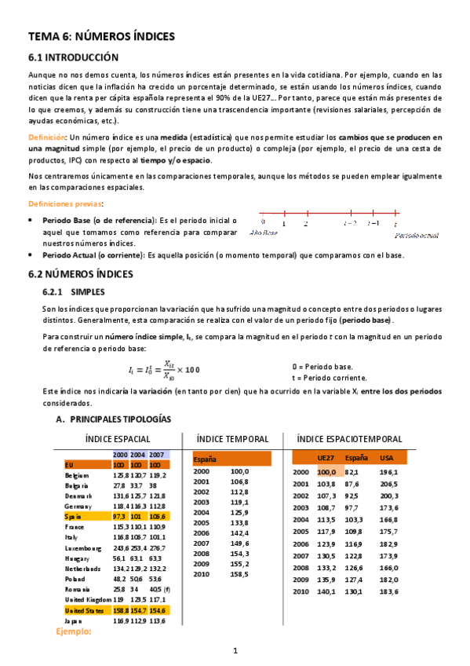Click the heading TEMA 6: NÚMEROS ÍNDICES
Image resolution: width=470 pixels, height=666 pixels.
(101, 36)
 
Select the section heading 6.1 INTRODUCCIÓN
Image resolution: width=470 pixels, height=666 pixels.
(73, 57)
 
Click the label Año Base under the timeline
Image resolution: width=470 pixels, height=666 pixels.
(263, 233)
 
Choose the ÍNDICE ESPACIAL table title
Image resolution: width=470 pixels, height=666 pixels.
(118, 439)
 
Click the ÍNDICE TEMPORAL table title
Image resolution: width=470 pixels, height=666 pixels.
(232, 439)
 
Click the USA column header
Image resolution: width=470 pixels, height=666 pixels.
(387, 456)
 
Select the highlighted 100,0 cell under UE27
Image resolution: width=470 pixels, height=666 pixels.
(326, 472)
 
